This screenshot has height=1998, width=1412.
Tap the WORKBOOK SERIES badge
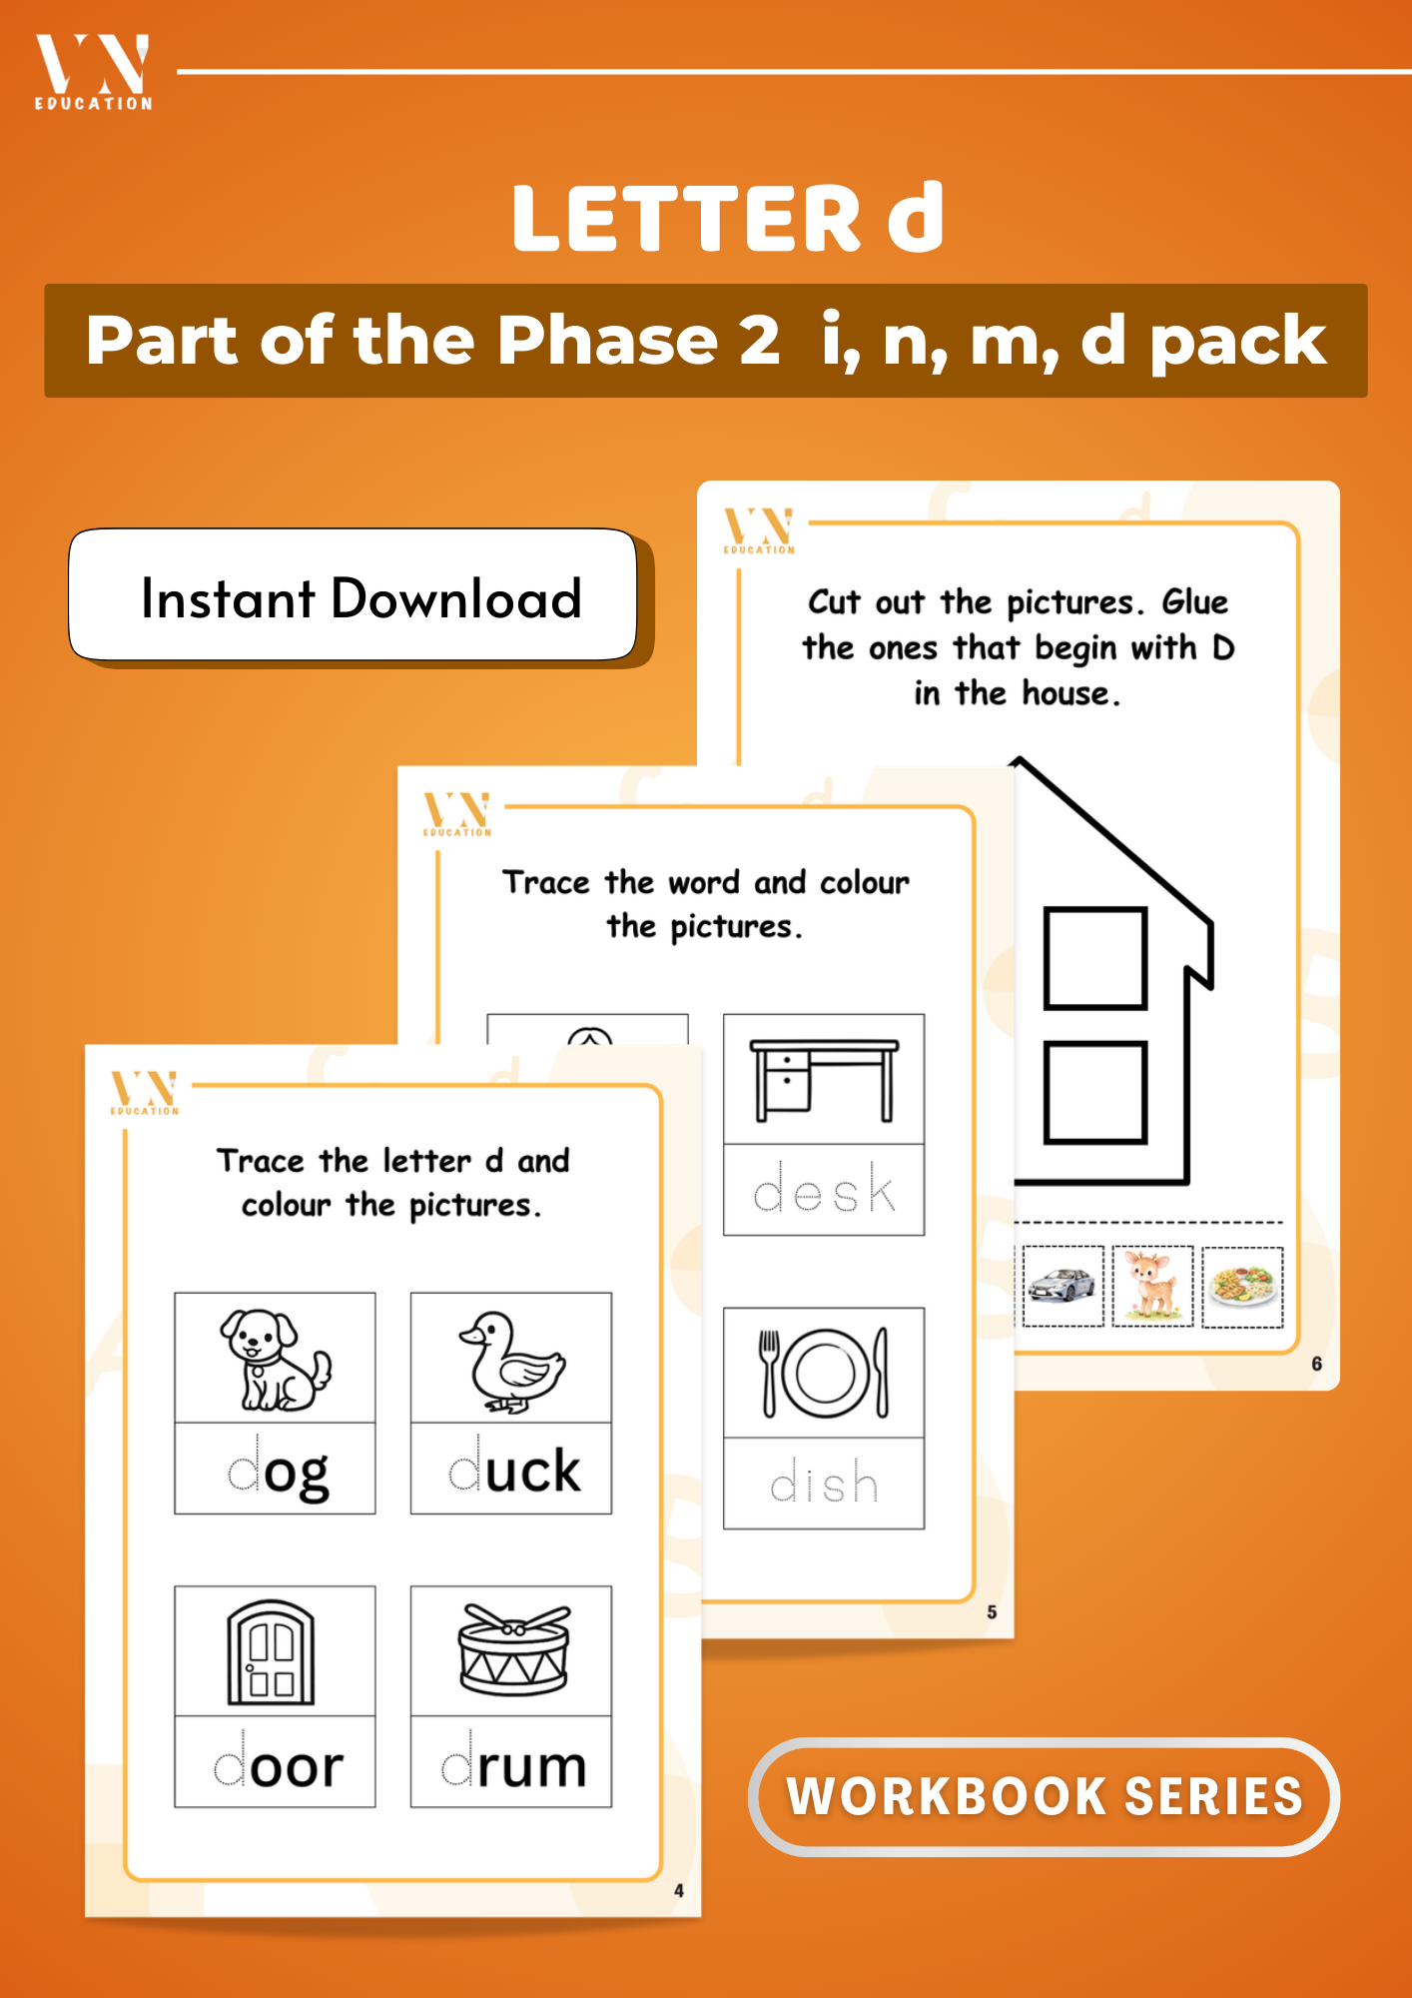pos(1044,1796)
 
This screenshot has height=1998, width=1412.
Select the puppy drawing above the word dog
pos(275,1359)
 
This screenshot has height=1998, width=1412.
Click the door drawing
pos(272,1652)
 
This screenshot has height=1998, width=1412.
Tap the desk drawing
pos(824,1079)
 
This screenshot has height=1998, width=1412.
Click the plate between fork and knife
pos(825,1373)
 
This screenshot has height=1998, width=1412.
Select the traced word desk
pos(824,1190)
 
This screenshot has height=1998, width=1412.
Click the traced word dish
pos(824,1484)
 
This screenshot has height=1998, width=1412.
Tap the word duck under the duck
pos(513,1470)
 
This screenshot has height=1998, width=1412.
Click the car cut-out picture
pos(1061,1286)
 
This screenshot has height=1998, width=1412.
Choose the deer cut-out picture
pos(1152,1286)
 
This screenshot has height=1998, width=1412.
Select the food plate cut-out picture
pos(1242,1286)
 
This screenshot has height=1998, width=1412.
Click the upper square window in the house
pos(1094,957)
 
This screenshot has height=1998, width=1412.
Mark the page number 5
pos(992,1611)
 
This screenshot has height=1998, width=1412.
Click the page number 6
pos(1316,1364)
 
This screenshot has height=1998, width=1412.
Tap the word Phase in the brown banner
pos(607,341)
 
